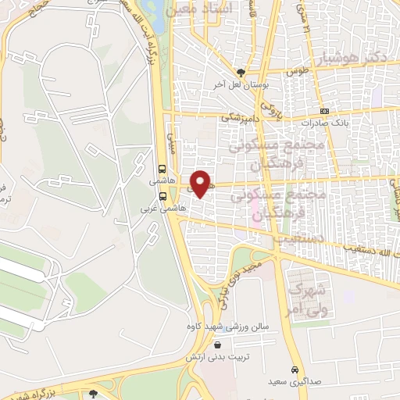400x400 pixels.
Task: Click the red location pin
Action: [201, 184]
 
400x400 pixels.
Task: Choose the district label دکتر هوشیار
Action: [354, 59]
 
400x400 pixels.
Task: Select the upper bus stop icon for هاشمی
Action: [162, 167]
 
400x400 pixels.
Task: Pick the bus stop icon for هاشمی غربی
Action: [162, 196]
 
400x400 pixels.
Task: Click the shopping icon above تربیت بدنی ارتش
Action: [216, 343]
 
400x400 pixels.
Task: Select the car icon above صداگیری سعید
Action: [294, 370]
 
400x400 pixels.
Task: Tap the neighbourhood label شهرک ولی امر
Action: [303, 299]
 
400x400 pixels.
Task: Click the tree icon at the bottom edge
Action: [93, 394]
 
